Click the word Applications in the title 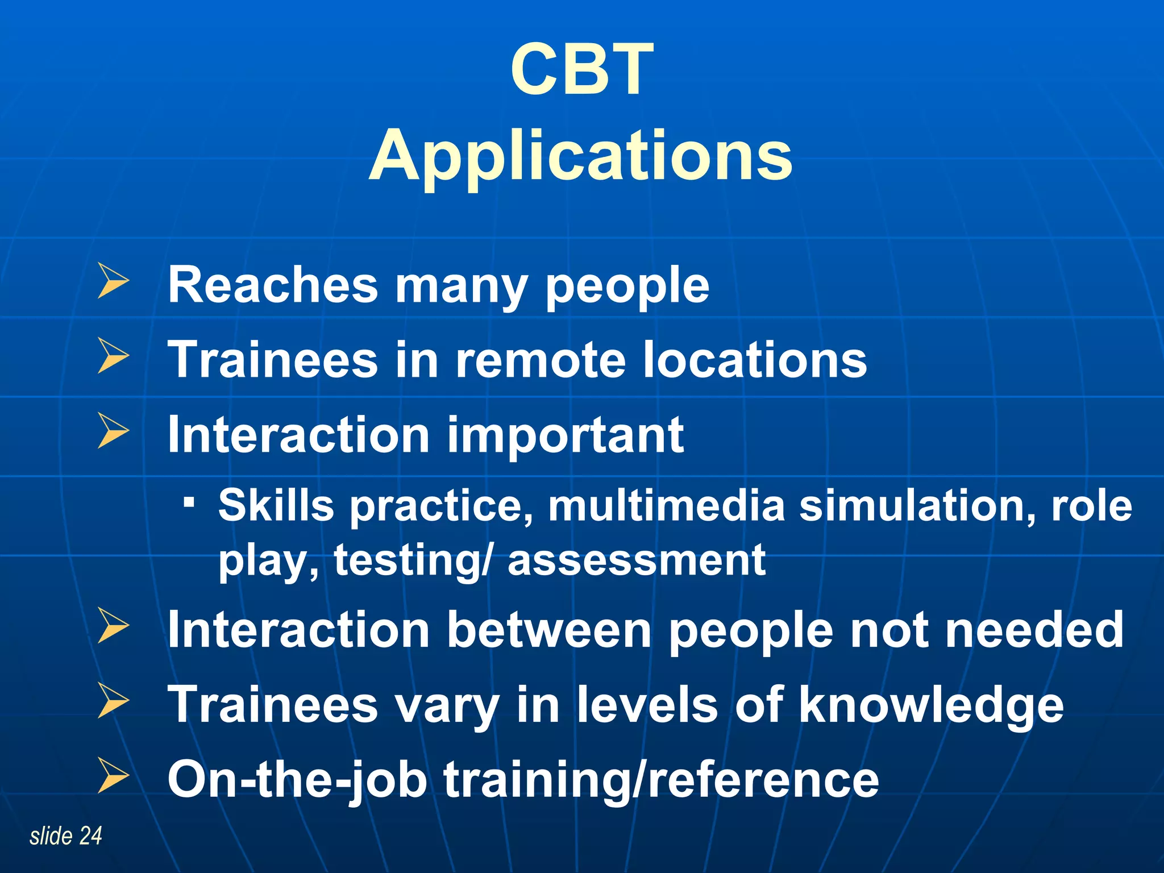coord(580,156)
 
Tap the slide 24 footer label coord(66,835)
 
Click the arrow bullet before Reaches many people coord(113,281)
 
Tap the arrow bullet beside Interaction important coord(113,430)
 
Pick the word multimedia coord(666,505)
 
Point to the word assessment coord(636,560)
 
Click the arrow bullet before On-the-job coord(113,775)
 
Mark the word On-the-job coord(297,780)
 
